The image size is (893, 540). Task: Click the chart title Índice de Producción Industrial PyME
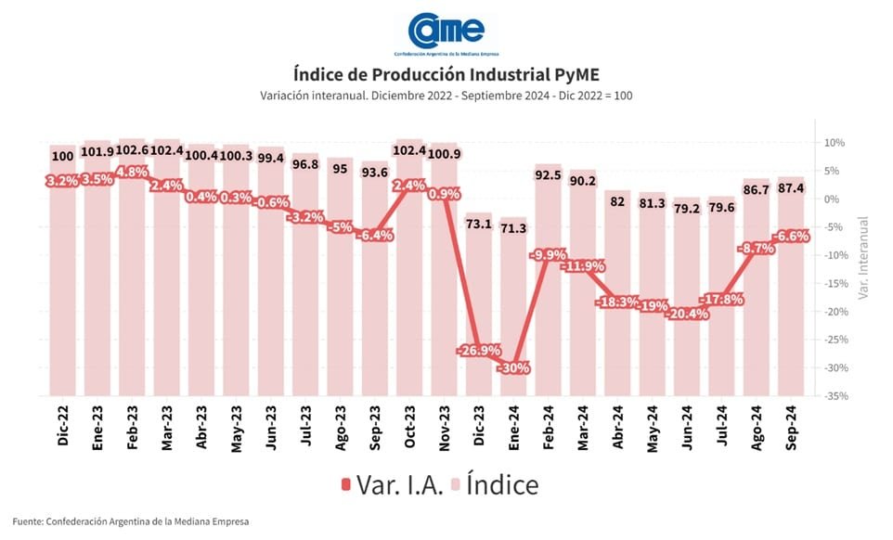[x=446, y=74]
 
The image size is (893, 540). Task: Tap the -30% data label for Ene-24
[x=513, y=367]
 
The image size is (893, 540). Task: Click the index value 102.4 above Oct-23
[x=409, y=151]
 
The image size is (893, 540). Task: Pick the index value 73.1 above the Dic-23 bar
[x=479, y=224]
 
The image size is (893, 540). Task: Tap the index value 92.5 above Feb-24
[x=548, y=173]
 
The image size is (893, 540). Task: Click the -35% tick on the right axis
[x=833, y=395]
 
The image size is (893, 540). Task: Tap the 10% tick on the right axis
[x=832, y=143]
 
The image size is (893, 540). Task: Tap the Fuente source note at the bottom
[x=130, y=521]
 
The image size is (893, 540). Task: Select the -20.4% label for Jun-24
[x=688, y=314]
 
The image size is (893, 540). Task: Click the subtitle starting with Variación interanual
[x=446, y=96]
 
